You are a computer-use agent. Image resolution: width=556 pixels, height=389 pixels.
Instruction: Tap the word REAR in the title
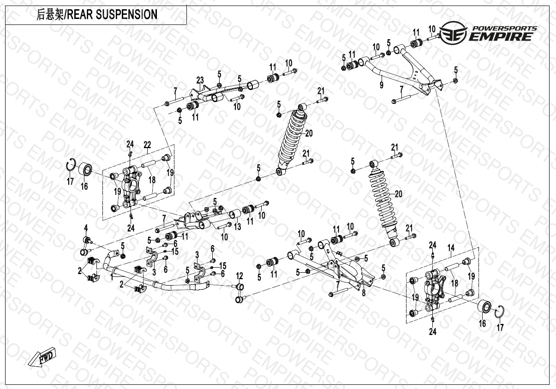(81, 15)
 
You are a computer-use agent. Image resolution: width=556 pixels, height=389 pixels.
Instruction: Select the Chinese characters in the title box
(49, 15)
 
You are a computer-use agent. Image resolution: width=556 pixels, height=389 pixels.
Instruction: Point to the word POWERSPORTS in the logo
(503, 28)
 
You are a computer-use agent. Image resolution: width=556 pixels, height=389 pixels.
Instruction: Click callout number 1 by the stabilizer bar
(112, 277)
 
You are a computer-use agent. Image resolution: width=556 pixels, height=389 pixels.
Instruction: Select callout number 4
(85, 227)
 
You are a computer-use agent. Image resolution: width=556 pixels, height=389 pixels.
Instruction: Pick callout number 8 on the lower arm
(364, 292)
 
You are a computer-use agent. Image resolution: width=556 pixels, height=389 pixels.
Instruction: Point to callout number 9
(382, 85)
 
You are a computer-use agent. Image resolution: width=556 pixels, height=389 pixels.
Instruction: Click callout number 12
(239, 276)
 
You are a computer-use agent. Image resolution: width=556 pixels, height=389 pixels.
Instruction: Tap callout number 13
(237, 227)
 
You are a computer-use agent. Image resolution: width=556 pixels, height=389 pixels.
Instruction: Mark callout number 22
(147, 144)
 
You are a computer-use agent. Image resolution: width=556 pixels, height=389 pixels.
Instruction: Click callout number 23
(200, 79)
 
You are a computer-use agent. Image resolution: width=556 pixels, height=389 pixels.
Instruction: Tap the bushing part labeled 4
(85, 245)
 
